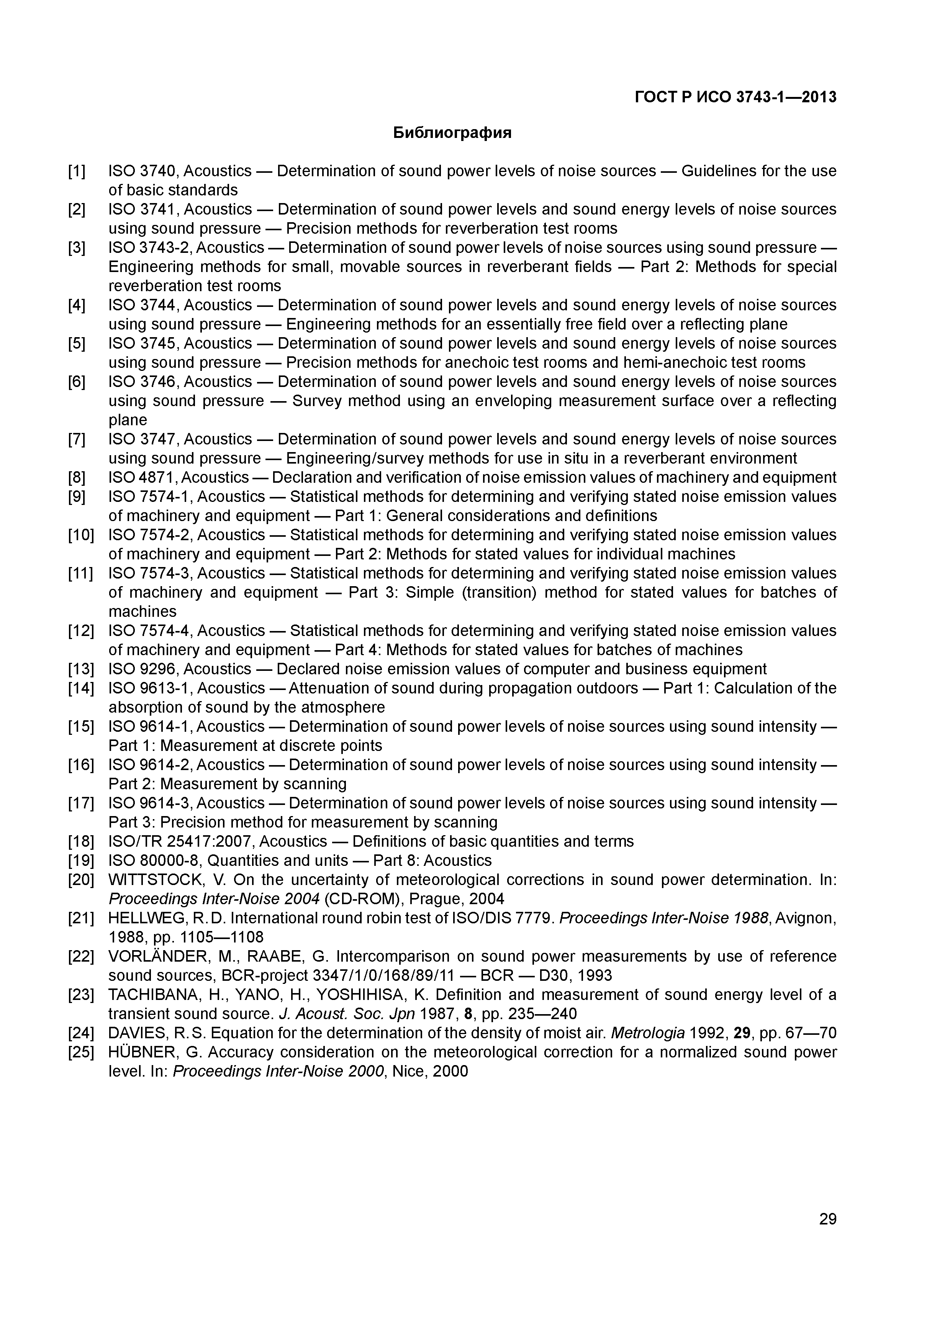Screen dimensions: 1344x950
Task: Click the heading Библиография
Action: pyautogui.click(x=452, y=133)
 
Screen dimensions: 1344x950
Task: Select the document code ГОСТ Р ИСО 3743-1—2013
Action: pyautogui.click(x=735, y=97)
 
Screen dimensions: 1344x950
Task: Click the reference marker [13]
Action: pyautogui.click(x=81, y=669)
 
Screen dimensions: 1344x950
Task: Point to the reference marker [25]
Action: pyautogui.click(x=81, y=1052)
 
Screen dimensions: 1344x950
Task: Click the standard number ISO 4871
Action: pyautogui.click(x=143, y=478)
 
